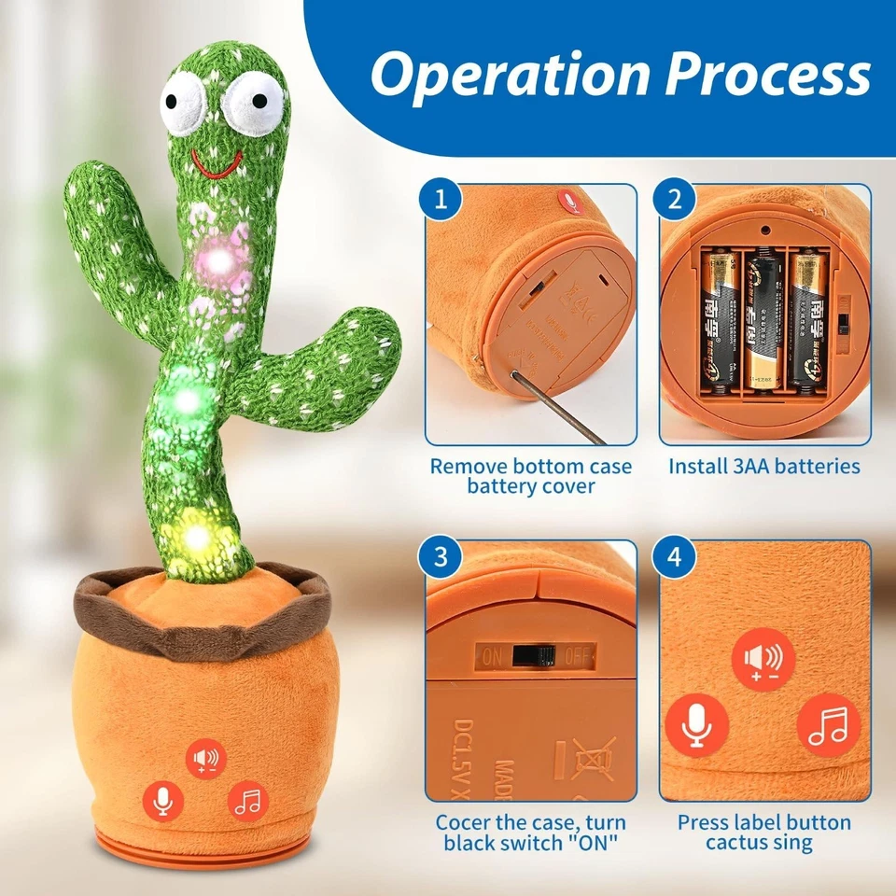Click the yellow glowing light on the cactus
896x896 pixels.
tap(197, 537)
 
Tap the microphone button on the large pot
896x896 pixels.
tap(163, 801)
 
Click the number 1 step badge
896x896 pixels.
tap(442, 200)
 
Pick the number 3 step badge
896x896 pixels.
tap(442, 557)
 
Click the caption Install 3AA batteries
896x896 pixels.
tap(764, 466)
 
